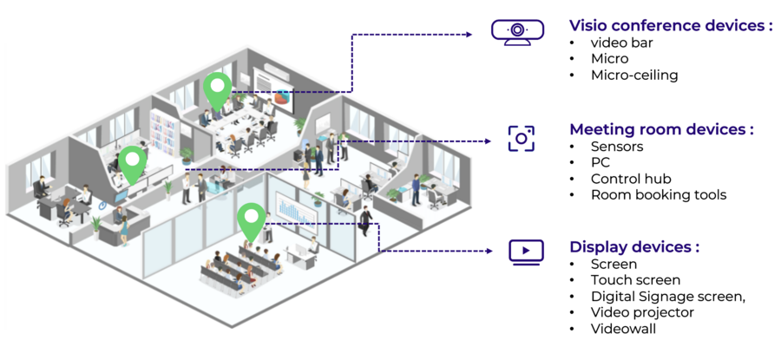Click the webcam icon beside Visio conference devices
517,32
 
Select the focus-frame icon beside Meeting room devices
521,139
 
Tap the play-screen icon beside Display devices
526,252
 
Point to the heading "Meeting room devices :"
661,129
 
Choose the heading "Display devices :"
634,247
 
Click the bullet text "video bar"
621,43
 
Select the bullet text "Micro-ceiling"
634,75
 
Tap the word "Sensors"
617,147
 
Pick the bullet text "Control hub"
631,179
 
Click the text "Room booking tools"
659,194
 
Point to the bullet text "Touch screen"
635,280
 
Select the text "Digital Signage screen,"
668,297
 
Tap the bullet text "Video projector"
642,312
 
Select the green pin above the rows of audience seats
251,222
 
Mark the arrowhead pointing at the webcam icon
469,35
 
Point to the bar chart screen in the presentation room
296,209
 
